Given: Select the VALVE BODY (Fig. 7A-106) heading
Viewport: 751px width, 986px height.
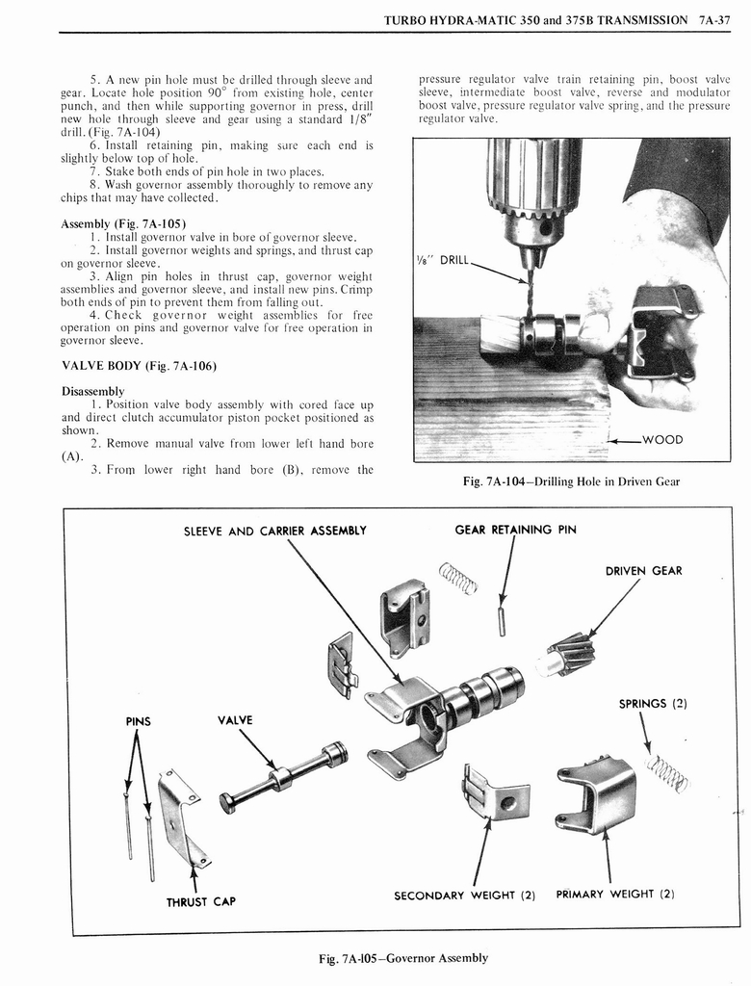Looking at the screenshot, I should click(x=139, y=366).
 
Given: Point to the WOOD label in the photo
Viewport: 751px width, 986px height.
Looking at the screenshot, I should click(x=661, y=440).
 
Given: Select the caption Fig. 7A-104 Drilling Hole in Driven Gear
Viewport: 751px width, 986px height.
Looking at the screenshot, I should click(x=571, y=481).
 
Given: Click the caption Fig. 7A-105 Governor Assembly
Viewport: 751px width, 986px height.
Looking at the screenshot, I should click(x=403, y=958).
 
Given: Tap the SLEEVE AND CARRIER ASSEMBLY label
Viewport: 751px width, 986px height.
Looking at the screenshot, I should click(x=276, y=531).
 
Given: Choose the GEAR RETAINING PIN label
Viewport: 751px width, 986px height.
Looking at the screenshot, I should click(x=515, y=530).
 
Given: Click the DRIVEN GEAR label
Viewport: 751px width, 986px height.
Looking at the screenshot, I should click(x=643, y=571).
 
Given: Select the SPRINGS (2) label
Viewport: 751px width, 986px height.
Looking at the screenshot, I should click(x=652, y=703).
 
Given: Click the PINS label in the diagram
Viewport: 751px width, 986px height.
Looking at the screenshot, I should click(x=139, y=720).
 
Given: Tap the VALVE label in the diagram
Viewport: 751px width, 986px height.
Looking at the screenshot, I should click(x=236, y=720).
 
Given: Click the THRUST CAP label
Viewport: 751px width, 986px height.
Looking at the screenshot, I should click(x=200, y=902).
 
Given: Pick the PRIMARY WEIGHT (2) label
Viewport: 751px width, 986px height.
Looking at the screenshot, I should click(x=614, y=894).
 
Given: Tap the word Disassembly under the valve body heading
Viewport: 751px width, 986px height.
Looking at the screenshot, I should click(x=92, y=391).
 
